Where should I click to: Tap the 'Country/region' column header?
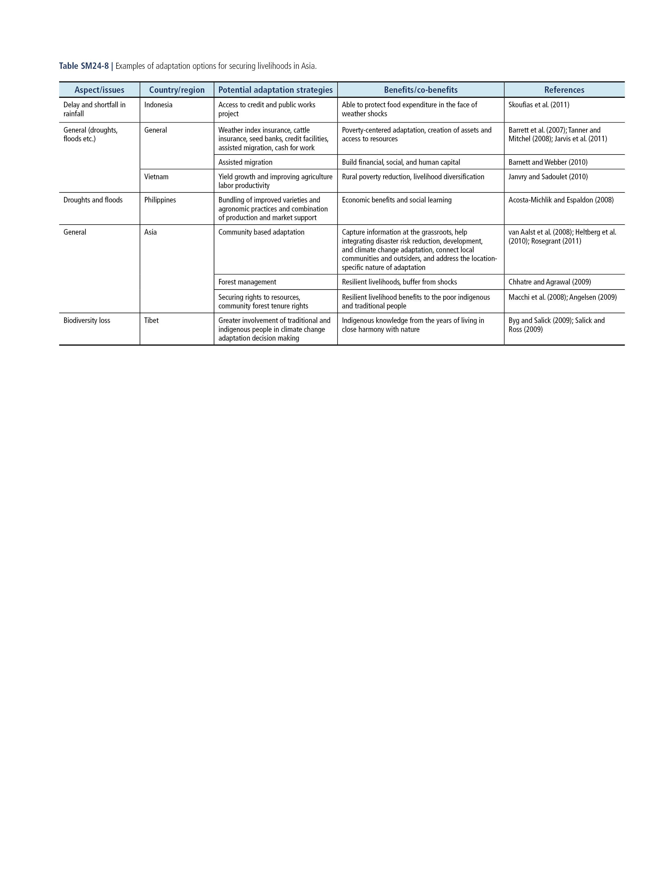177,90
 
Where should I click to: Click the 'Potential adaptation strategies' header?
275,90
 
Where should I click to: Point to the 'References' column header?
564,90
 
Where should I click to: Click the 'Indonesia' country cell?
158,105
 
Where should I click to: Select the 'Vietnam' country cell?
156,177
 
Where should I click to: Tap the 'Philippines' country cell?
160,200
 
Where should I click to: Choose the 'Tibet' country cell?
151,321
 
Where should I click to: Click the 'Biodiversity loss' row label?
87,321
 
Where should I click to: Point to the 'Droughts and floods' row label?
93,200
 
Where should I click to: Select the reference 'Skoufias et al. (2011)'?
539,105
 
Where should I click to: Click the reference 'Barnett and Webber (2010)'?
548,162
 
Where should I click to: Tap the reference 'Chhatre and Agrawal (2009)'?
549,282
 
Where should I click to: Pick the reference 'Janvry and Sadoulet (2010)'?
548,177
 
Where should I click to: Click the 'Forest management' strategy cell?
247,282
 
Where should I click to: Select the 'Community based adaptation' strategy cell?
261,232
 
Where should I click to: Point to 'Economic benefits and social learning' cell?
397,200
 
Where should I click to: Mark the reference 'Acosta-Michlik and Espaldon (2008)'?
561,200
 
